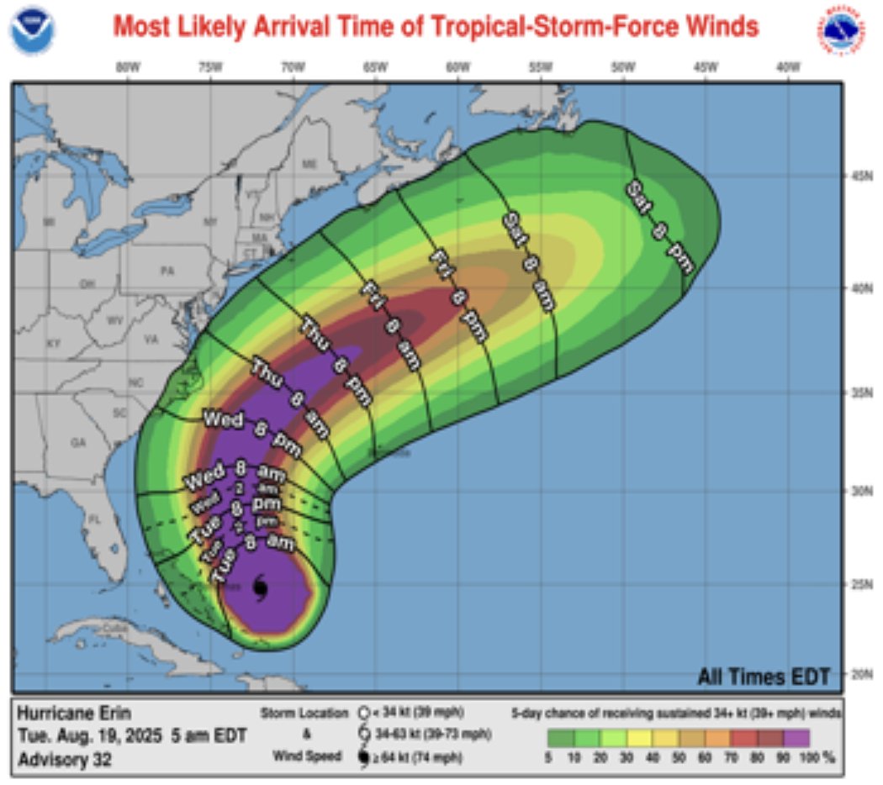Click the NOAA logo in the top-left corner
click(32, 30)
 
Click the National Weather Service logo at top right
click(842, 30)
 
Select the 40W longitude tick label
click(787, 67)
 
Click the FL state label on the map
click(94, 519)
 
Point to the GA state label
click(78, 442)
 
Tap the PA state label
click(167, 271)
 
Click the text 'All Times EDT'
click(764, 676)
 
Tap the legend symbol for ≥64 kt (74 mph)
click(363, 758)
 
